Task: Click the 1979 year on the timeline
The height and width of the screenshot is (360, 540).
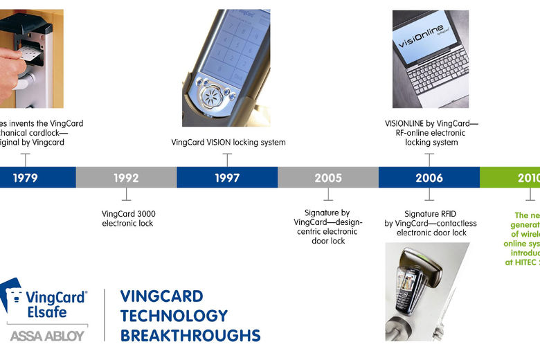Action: point(25,178)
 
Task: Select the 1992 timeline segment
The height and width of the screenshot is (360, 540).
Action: point(126,178)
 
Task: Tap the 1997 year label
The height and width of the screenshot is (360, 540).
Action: point(227,178)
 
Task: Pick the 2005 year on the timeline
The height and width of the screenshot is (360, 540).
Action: point(328,178)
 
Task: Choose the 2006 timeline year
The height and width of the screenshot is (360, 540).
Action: point(429,178)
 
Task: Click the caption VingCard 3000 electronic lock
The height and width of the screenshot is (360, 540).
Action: point(128,218)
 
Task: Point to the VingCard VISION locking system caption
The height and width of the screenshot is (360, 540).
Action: point(228,143)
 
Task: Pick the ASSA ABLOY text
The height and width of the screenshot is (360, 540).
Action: point(47,336)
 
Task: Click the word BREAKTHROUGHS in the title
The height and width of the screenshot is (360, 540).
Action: point(190,336)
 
